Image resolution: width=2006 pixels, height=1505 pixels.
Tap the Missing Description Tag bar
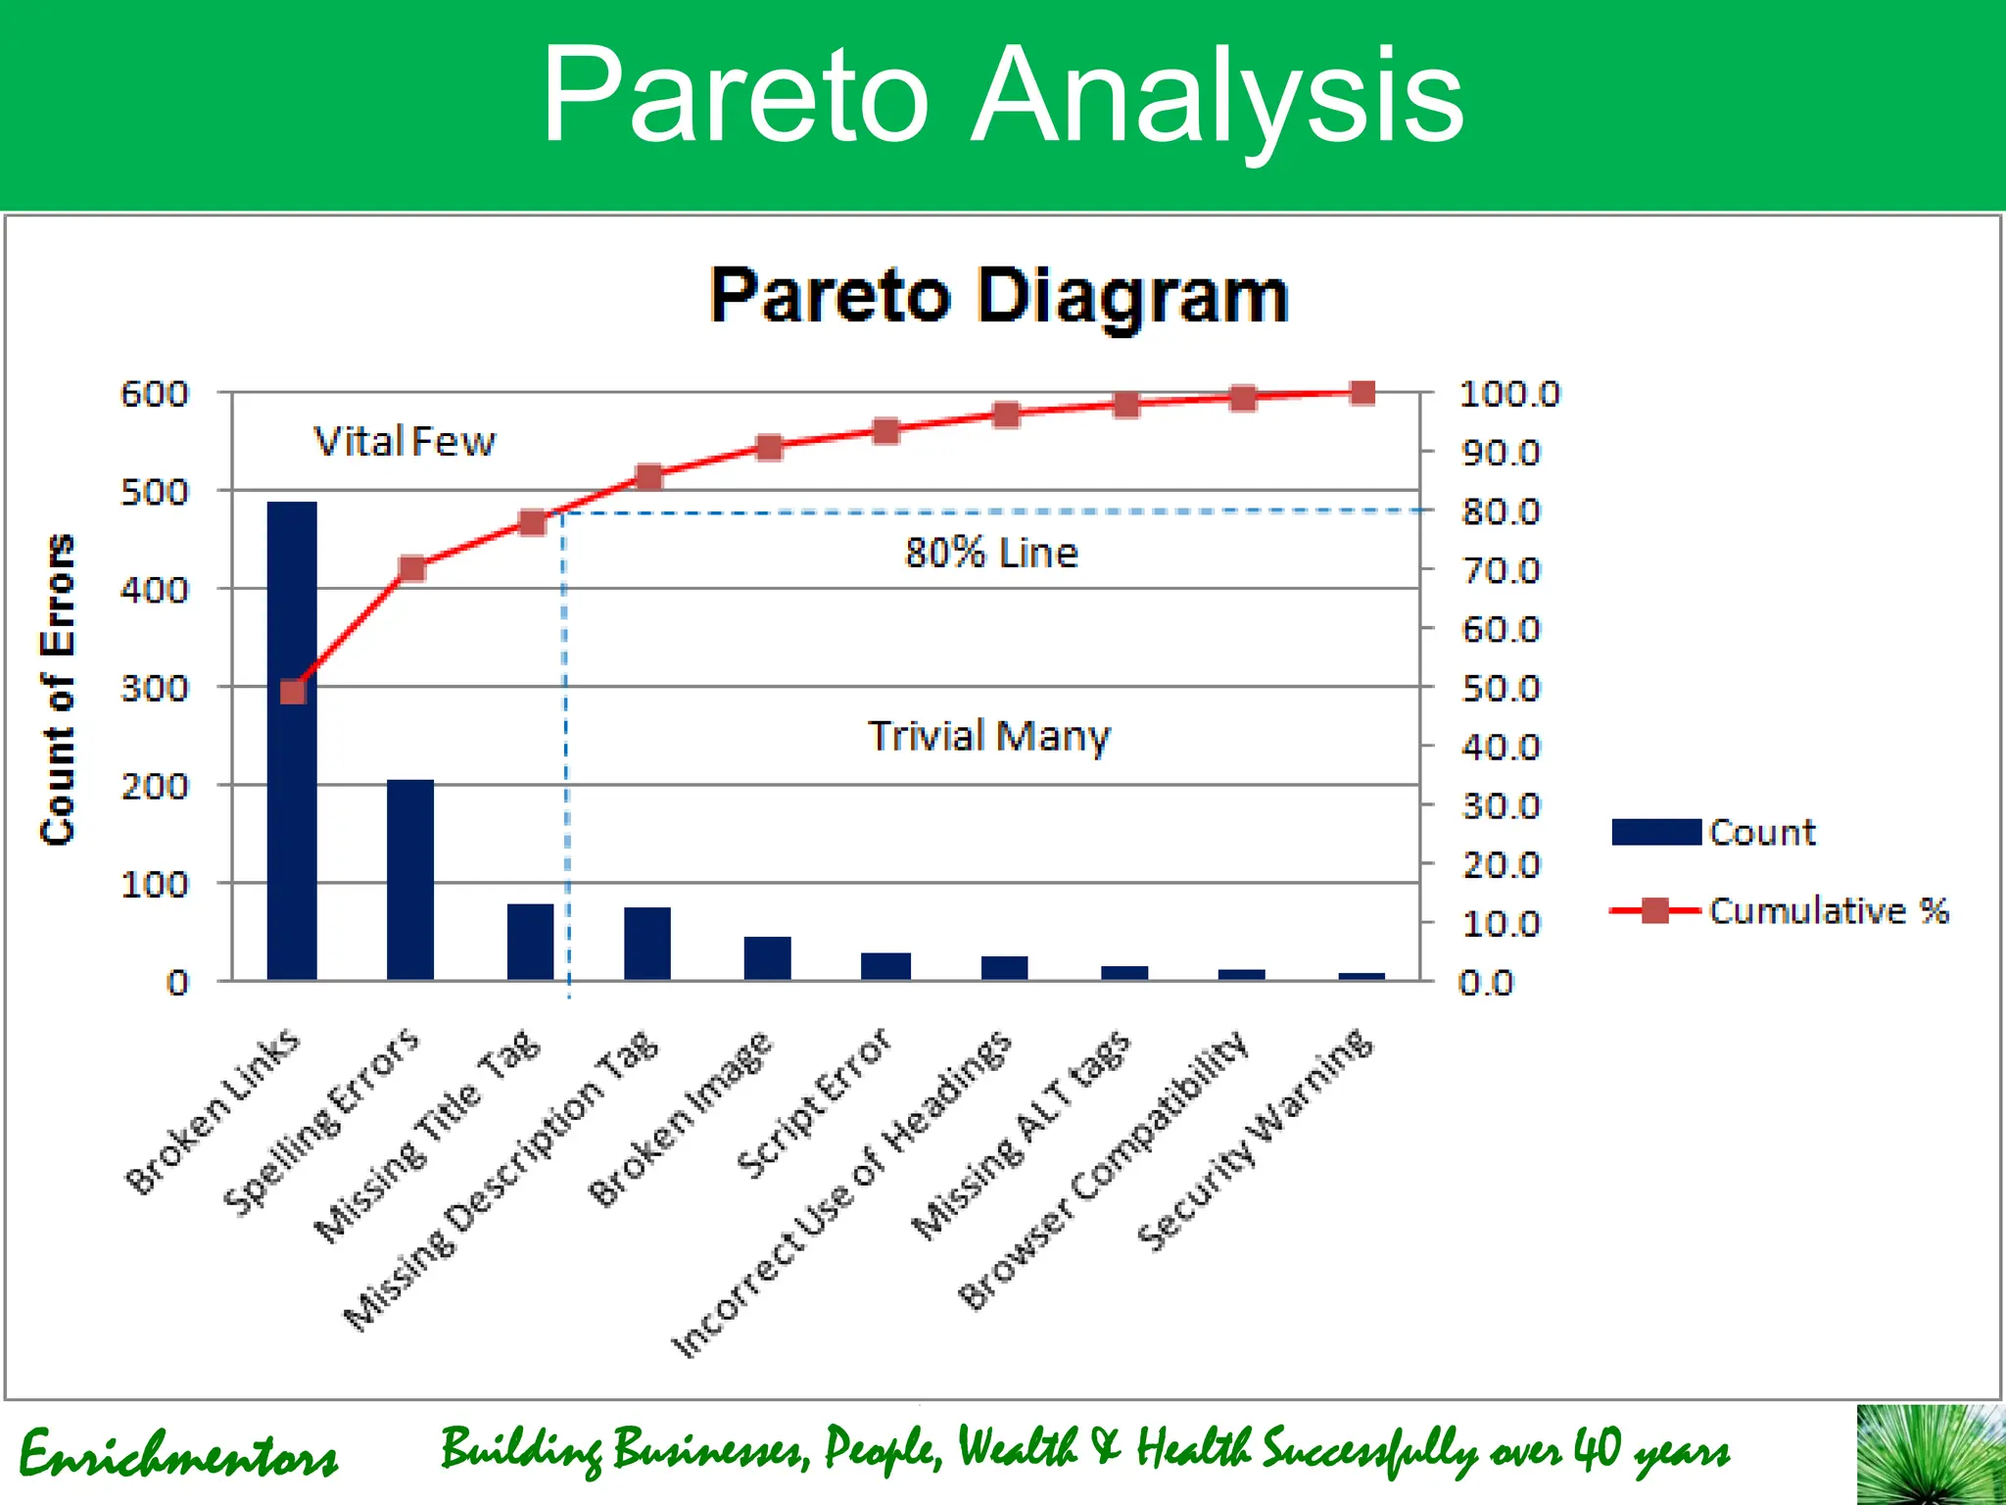tap(647, 944)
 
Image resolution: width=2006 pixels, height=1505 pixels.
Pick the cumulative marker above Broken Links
tap(293, 692)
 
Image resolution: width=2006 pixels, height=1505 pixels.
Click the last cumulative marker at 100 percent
tap(1362, 393)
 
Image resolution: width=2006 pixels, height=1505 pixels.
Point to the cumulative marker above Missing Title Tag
tap(532, 522)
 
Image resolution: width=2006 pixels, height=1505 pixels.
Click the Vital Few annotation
tap(405, 442)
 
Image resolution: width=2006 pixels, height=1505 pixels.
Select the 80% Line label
tap(990, 554)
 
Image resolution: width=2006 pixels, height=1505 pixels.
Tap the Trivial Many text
tap(989, 736)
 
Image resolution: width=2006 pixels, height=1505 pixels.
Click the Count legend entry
tap(1714, 832)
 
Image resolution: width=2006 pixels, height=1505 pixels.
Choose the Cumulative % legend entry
tap(1778, 910)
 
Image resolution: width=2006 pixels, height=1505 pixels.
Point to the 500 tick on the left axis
tap(154, 492)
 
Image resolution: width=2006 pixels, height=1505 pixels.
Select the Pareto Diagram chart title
tap(998, 296)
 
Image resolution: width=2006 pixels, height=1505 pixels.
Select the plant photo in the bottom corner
tap(1930, 1455)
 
